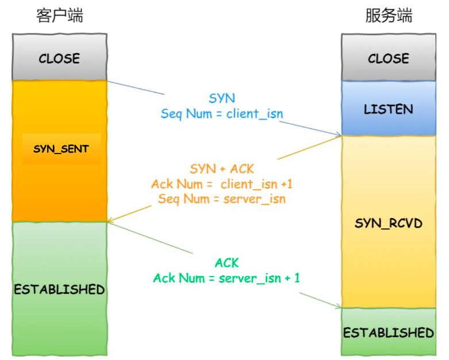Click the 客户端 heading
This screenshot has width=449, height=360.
coord(59,16)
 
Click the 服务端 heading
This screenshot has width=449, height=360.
coord(389,16)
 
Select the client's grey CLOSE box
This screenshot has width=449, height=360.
coord(59,58)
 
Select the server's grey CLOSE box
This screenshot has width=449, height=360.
coord(389,58)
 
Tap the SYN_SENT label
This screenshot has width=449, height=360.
coord(61,149)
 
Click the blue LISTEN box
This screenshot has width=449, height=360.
coord(389,109)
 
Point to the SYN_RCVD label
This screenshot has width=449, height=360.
coord(389,223)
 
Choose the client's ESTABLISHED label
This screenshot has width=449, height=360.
coord(59,289)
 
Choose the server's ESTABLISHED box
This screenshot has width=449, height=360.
coord(389,332)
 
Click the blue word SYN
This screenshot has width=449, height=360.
coord(222,99)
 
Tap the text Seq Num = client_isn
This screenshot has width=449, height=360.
coord(222,113)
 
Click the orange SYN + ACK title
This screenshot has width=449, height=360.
coord(222,169)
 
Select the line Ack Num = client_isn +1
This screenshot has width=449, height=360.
coord(222,184)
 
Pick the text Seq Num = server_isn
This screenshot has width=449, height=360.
coord(222,199)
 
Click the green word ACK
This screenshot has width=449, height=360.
coord(227,263)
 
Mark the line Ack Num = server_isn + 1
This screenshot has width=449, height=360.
coord(227,278)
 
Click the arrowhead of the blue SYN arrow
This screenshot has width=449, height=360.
coord(339,136)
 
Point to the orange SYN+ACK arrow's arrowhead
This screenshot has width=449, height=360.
coord(110,221)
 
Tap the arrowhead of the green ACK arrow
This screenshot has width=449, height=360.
coord(339,307)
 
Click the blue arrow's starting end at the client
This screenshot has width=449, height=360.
coord(109,81)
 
